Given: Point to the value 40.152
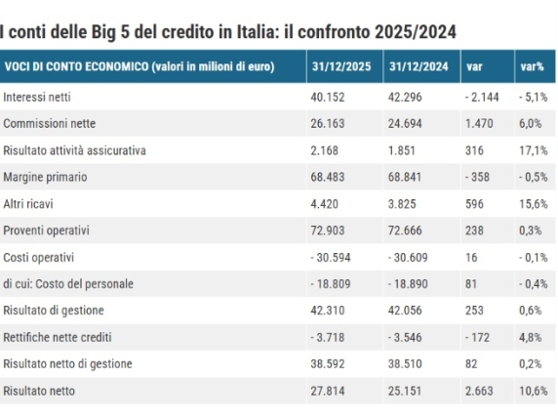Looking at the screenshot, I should [x=329, y=97].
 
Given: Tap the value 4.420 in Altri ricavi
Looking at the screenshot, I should [x=325, y=204].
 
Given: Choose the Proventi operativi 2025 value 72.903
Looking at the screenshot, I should [x=329, y=230].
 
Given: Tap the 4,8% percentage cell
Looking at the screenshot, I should [x=532, y=337].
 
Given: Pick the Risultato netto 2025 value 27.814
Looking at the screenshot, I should [x=329, y=391].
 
